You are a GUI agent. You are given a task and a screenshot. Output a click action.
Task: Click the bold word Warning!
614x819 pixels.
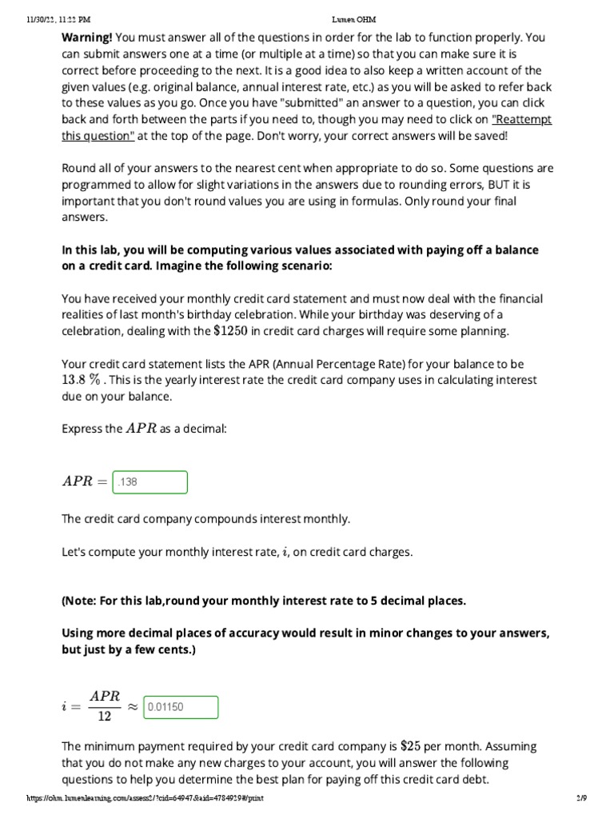87,37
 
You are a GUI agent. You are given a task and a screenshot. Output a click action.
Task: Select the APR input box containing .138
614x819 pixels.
151,482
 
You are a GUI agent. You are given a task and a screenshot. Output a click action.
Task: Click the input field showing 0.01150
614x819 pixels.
180,708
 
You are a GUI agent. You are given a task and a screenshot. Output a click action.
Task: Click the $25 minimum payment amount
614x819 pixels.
410,746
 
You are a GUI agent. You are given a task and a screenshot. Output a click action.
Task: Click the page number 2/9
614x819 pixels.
581,798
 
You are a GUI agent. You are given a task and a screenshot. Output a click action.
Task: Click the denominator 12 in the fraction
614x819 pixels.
105,717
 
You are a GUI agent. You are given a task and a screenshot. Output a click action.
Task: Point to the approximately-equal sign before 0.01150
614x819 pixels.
132,707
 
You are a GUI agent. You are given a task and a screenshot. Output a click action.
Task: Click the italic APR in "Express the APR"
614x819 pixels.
141,428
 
